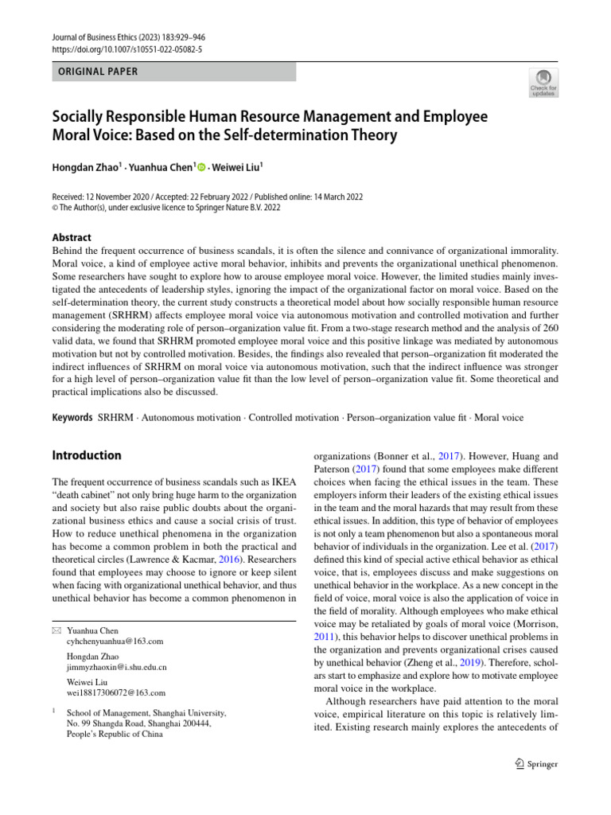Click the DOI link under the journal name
click(x=127, y=49)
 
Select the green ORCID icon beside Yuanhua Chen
click(x=201, y=167)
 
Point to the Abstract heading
click(x=72, y=237)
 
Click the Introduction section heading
click(x=87, y=455)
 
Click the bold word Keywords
click(x=72, y=417)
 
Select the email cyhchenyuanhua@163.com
click(x=115, y=641)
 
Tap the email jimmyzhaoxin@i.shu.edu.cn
click(x=117, y=666)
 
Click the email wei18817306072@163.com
click(x=117, y=692)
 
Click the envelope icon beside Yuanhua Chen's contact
click(x=56, y=630)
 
